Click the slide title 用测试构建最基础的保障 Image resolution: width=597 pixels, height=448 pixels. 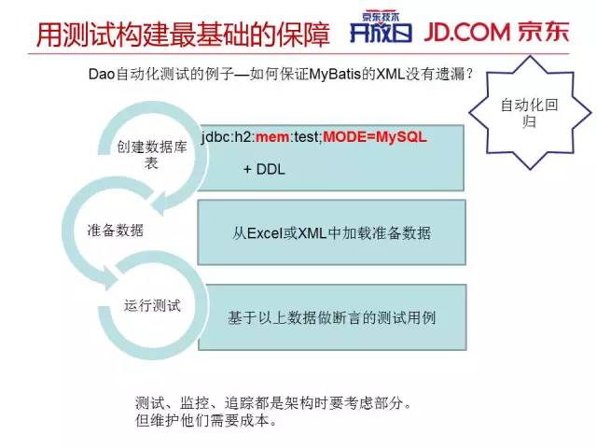(182, 35)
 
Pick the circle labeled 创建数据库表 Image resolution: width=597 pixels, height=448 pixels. (152, 155)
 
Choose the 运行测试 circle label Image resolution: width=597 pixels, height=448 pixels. (152, 305)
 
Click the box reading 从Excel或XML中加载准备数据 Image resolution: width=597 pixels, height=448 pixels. (332, 233)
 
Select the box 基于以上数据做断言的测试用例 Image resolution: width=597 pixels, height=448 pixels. (332, 317)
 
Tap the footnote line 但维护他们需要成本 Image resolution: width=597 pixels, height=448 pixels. (206, 420)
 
